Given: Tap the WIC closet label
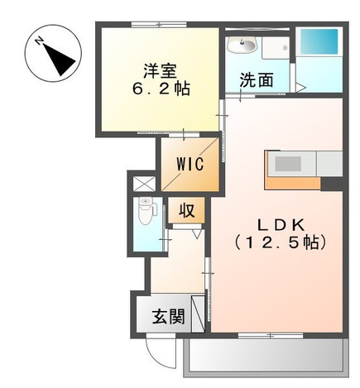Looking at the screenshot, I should pos(190,163).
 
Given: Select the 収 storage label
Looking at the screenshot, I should pos(186,210).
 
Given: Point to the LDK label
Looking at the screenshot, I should pos(279,223).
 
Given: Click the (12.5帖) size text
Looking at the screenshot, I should pos(279,243).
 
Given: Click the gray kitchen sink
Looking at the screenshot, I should pos(290,164).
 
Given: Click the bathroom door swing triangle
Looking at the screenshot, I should pos(301,85).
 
